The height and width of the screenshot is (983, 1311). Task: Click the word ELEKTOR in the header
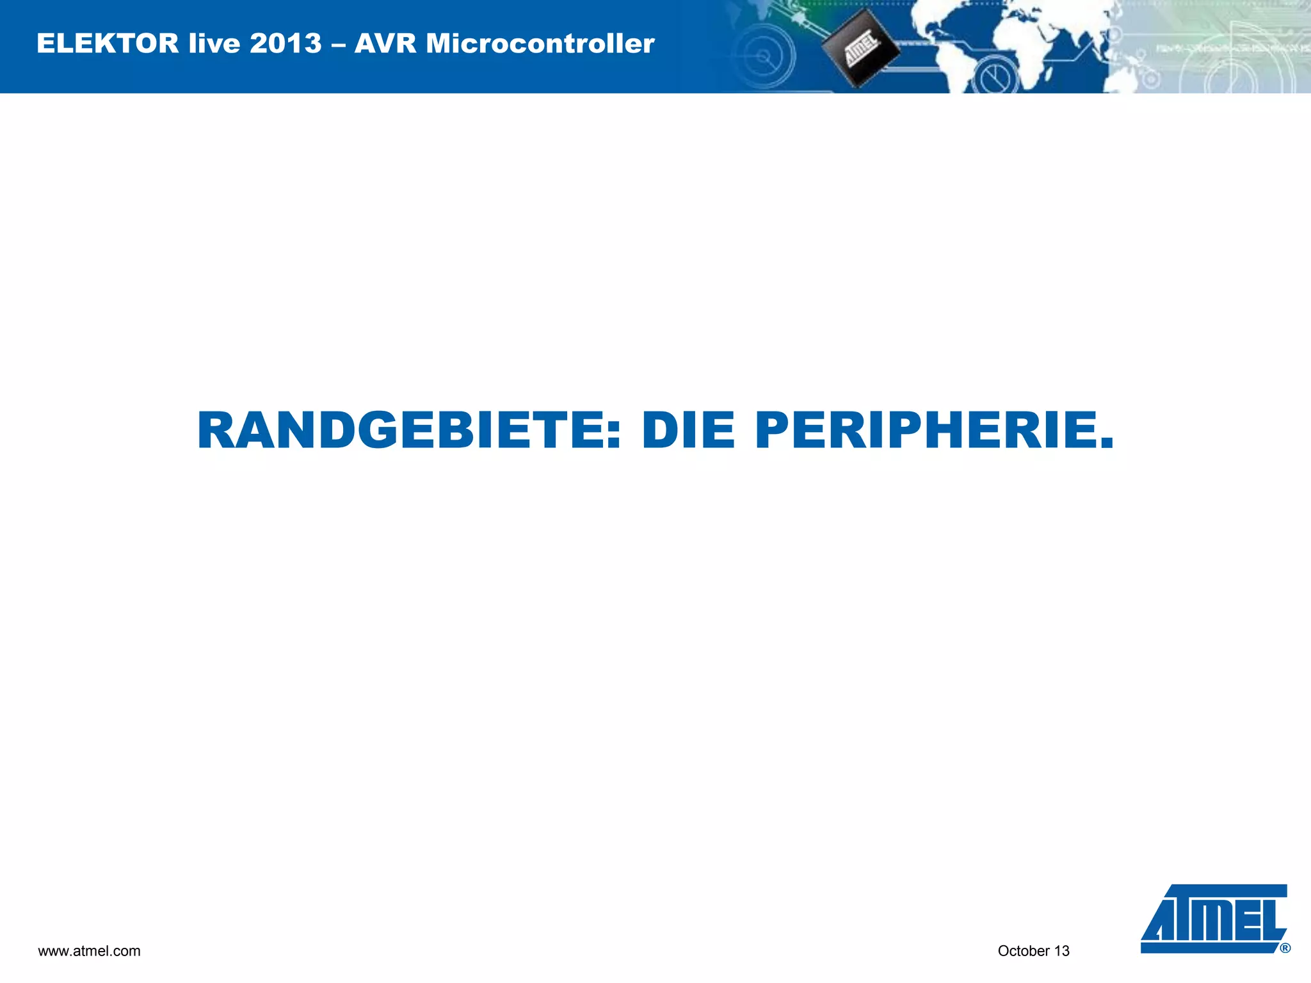pyautogui.click(x=108, y=44)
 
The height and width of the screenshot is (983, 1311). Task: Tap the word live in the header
pyautogui.click(x=214, y=44)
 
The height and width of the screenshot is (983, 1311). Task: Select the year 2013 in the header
pyautogui.click(x=286, y=44)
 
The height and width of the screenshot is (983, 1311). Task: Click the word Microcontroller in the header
pyautogui.click(x=540, y=44)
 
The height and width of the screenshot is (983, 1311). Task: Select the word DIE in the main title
pyautogui.click(x=688, y=431)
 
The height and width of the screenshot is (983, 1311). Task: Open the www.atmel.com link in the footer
pyautogui.click(x=89, y=951)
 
